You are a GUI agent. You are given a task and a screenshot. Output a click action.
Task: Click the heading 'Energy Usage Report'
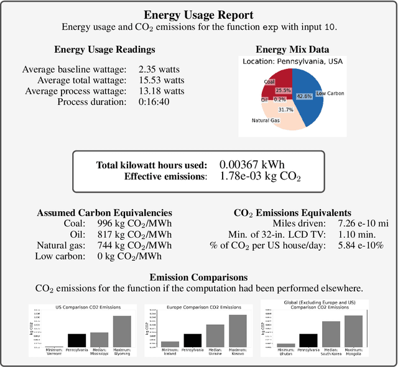click(198, 15)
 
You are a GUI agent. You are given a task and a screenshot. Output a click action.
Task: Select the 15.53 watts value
click(162, 80)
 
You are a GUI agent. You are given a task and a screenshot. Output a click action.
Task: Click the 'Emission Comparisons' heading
click(198, 277)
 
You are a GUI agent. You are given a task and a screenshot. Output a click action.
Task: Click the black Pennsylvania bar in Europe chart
click(192, 340)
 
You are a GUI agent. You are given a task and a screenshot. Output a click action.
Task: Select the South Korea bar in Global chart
click(331, 333)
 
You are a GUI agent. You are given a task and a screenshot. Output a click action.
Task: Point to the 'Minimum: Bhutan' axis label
click(286, 352)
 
